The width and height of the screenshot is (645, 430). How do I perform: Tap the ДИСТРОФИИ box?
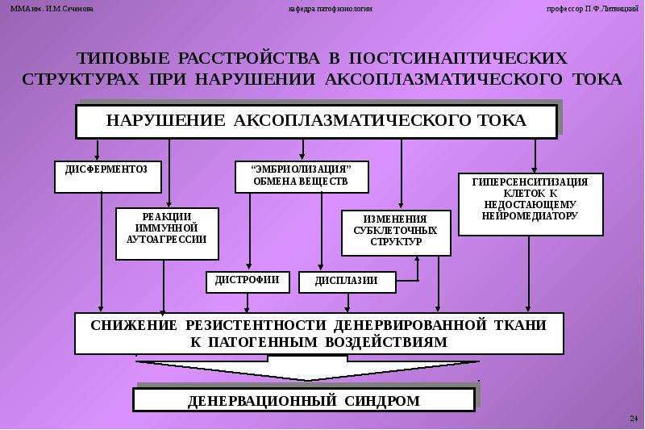(x=248, y=281)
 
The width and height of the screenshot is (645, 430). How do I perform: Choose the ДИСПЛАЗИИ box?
(x=347, y=282)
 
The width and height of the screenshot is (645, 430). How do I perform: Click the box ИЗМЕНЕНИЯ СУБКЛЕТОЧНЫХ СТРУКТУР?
(x=395, y=232)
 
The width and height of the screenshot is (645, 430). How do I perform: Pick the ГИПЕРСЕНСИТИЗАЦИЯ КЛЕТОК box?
(x=530, y=204)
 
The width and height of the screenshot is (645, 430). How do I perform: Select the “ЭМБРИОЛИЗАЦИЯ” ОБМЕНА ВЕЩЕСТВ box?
(x=302, y=176)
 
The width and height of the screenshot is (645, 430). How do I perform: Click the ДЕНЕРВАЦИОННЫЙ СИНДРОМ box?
(x=303, y=400)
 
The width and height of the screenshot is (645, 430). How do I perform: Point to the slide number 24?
(x=633, y=417)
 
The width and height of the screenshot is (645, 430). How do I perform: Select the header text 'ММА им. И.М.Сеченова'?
(x=52, y=8)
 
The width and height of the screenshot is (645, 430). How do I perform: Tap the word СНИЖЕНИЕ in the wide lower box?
(x=133, y=325)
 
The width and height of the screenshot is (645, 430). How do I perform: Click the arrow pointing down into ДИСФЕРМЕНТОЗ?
(x=98, y=150)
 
